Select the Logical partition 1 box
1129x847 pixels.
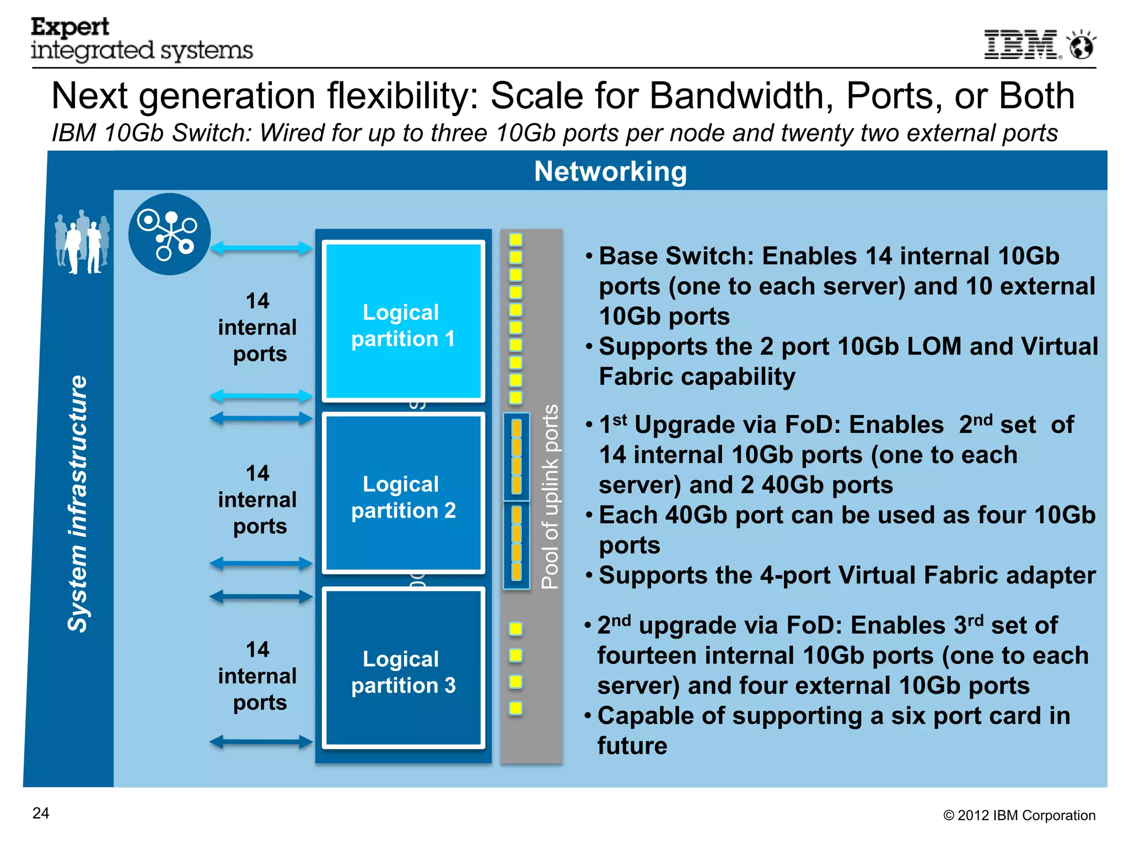tap(403, 321)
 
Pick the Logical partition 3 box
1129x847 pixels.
tap(403, 668)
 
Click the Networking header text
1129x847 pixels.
tap(610, 171)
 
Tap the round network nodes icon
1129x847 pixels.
tap(169, 234)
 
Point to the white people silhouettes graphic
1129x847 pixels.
tap(82, 242)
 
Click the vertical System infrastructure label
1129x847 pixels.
tap(78, 503)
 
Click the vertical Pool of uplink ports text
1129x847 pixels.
tap(550, 497)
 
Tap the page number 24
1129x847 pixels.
tap(41, 813)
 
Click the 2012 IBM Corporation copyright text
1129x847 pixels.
tap(1019, 816)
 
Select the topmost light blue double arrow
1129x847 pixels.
tap(261, 248)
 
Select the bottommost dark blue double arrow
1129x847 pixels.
tap(261, 742)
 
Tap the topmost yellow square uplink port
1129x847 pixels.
tap(515, 239)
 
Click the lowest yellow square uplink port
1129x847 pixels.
tap(515, 707)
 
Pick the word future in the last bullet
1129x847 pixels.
tap(632, 746)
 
